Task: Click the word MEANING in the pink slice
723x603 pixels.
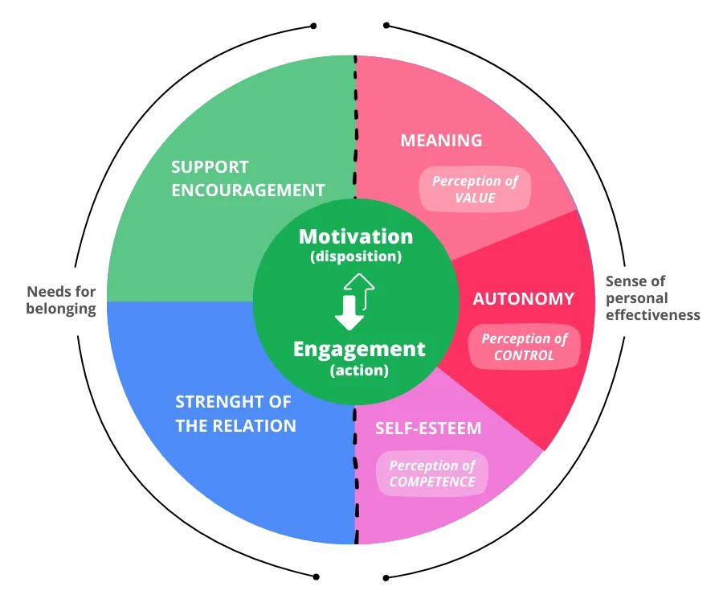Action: (441, 141)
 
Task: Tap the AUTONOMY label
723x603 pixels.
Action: (523, 299)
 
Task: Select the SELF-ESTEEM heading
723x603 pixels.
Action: (428, 428)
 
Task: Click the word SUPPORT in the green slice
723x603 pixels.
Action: (210, 167)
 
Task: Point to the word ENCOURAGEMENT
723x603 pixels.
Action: (248, 191)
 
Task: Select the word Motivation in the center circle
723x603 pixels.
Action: (356, 236)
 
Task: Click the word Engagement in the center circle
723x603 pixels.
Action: (359, 349)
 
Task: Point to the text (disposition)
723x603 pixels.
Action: (356, 257)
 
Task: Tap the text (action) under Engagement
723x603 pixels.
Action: (359, 371)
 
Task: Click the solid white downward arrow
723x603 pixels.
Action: (349, 313)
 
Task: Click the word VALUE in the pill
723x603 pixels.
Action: (475, 197)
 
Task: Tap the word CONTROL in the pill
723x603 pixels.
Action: (524, 355)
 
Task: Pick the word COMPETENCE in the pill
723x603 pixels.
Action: (432, 482)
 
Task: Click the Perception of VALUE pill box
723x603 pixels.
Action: (475, 189)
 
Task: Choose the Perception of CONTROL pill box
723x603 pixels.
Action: (524, 347)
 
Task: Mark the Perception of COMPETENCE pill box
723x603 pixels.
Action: (432, 474)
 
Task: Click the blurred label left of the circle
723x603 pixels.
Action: (61, 300)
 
